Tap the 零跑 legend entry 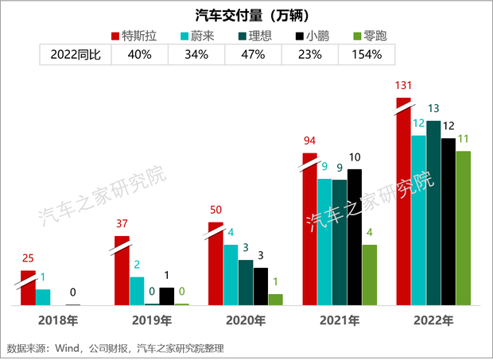[x=365, y=36]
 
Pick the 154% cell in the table [x=366, y=54]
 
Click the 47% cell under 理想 [x=253, y=54]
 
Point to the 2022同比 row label [x=75, y=54]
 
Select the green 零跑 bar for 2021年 [x=369, y=275]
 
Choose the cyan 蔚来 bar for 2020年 [x=231, y=275]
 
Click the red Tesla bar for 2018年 [x=28, y=288]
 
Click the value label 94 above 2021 [x=309, y=141]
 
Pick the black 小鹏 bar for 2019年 [x=166, y=296]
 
